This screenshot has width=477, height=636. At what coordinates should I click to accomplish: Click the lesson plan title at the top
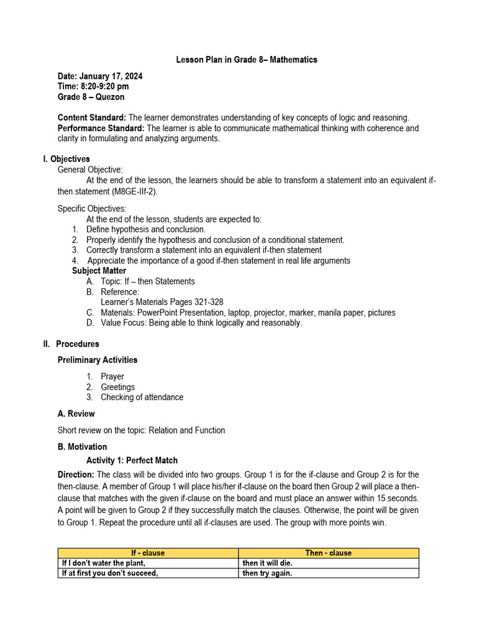pyautogui.click(x=247, y=60)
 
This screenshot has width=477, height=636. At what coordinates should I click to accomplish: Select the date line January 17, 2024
pyautogui.click(x=100, y=76)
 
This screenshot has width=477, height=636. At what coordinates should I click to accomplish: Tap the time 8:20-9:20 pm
pyautogui.click(x=93, y=86)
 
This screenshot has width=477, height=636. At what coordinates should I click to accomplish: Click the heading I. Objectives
pyautogui.click(x=66, y=159)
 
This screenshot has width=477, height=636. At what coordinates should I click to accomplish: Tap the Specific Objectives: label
pyautogui.click(x=92, y=209)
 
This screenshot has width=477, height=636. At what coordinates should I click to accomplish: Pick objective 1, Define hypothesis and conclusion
pyautogui.click(x=145, y=229)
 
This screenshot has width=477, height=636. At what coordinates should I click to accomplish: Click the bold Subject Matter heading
pyautogui.click(x=99, y=271)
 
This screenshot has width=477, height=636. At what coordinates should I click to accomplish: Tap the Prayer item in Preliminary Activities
pyautogui.click(x=112, y=376)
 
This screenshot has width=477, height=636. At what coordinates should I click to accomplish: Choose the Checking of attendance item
pyautogui.click(x=142, y=397)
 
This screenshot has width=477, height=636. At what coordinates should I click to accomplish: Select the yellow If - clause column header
pyautogui.click(x=148, y=553)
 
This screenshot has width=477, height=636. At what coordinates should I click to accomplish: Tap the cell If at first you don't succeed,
pyautogui.click(x=110, y=573)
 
